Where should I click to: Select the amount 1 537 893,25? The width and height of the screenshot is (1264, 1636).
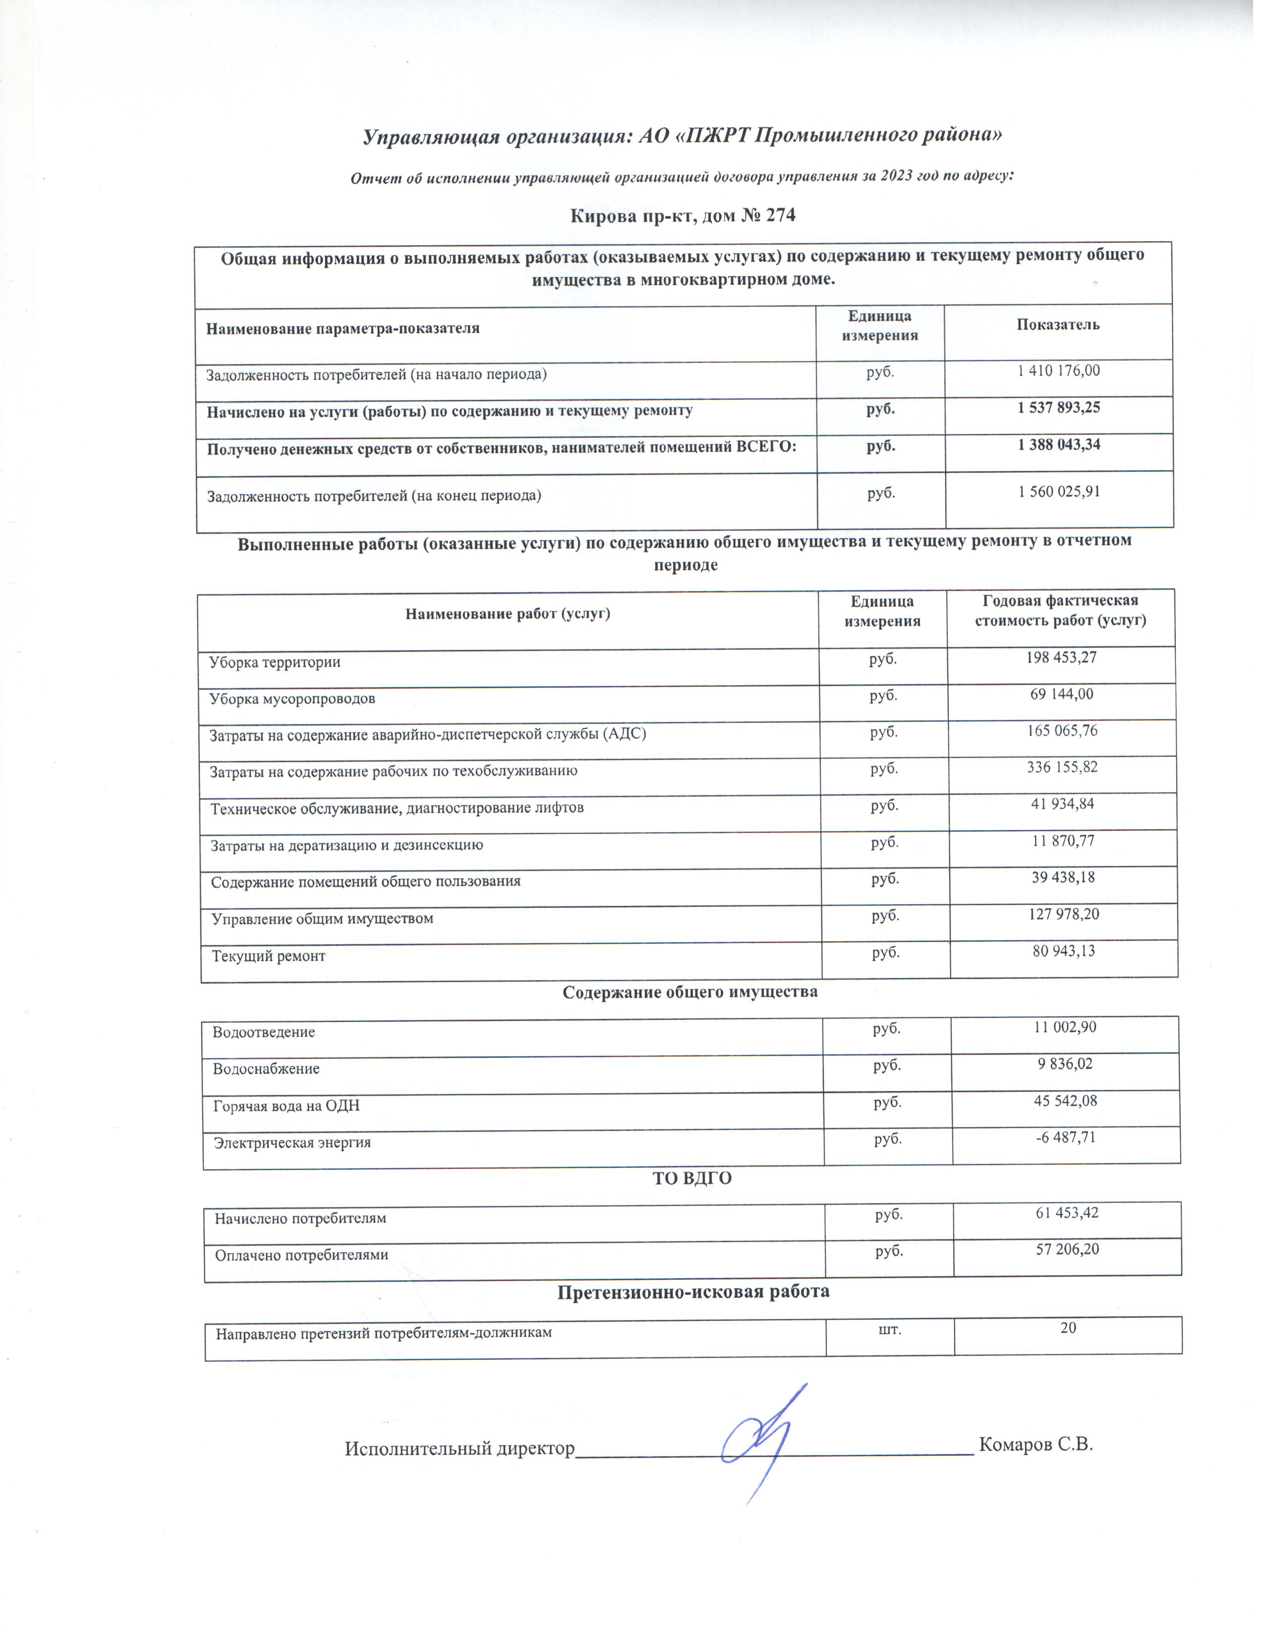coord(1058,408)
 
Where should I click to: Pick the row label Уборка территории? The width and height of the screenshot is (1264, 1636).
coord(275,662)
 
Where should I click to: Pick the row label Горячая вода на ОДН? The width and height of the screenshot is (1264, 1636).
coord(287,1106)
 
